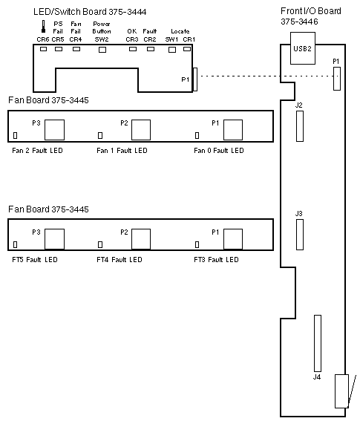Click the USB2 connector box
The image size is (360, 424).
303,48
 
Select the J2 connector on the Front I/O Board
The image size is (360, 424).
300,126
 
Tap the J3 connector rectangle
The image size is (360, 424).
300,235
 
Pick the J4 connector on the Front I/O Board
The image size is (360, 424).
318,343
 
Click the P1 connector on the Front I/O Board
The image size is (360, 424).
337,79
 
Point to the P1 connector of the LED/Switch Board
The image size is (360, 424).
195,79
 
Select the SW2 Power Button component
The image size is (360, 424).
102,50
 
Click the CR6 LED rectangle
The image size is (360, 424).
43,49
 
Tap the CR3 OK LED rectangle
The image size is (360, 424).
133,49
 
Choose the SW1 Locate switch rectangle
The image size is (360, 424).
172,50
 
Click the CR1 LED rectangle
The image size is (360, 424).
187,49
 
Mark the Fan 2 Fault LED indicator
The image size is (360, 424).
15,135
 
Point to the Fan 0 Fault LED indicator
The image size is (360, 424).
197,135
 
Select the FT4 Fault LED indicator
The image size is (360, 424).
100,244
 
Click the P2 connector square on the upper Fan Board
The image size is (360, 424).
141,130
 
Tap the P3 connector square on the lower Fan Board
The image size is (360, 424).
55,239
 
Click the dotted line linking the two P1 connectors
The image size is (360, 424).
267,76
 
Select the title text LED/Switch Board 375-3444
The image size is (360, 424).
90,12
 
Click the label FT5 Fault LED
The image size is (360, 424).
35,260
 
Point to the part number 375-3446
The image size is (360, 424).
299,22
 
